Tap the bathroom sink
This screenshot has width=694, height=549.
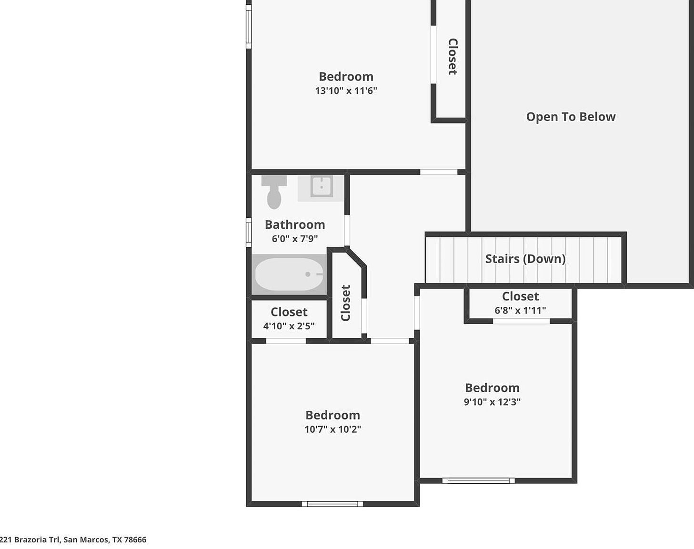pos(322,186)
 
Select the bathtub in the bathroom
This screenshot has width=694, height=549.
pos(289,274)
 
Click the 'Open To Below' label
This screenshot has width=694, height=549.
pos(571,117)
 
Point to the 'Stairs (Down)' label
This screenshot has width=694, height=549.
pos(525,259)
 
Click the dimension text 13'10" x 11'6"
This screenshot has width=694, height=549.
pos(346,91)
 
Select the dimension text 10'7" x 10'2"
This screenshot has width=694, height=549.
pos(332,429)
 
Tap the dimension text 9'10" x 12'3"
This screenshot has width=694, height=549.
pos(492,402)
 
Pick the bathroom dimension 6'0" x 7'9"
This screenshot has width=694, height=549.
pos(294,239)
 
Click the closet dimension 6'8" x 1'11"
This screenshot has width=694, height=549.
pos(520,310)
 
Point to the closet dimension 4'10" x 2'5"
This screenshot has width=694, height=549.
pos(289,326)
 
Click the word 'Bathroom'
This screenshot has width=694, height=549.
pos(294,224)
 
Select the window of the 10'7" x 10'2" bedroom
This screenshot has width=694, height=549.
pos(332,504)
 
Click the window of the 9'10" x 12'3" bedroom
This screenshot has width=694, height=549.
pos(478,481)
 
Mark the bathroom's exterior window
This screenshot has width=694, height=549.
pos(249,232)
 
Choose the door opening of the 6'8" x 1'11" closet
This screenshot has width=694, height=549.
pos(521,321)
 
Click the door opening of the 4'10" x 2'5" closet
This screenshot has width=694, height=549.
pos(286,341)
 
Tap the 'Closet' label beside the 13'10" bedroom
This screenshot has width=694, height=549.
pos(453,56)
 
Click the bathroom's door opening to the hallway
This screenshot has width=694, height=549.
pos(347,231)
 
